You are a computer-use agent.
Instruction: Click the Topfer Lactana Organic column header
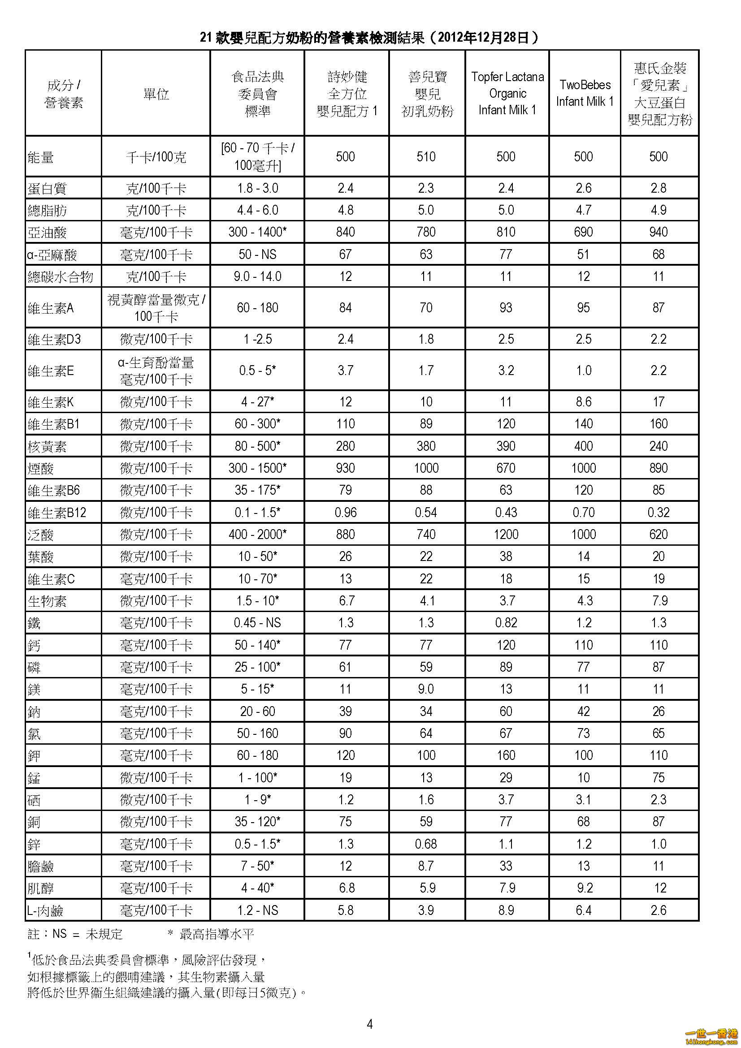click(x=507, y=93)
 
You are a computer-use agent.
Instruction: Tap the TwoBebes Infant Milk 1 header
click(x=585, y=93)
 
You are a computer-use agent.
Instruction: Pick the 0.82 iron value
click(x=506, y=623)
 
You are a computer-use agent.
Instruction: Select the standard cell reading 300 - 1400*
click(x=257, y=232)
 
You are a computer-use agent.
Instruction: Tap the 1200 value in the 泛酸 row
click(x=506, y=534)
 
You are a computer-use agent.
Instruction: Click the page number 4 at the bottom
click(x=370, y=1024)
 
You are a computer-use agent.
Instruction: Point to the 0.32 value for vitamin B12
click(x=659, y=512)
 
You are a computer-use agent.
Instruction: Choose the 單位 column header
click(x=156, y=94)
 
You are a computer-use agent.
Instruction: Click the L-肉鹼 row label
click(x=45, y=910)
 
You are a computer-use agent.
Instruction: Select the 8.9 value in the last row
click(x=506, y=910)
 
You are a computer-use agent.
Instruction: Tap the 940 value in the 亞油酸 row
click(x=659, y=232)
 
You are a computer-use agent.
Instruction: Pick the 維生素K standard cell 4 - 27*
click(x=257, y=401)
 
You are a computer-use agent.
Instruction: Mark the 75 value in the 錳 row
click(x=659, y=777)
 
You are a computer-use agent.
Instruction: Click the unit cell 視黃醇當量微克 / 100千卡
click(x=156, y=308)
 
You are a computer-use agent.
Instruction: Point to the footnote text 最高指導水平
click(x=217, y=934)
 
